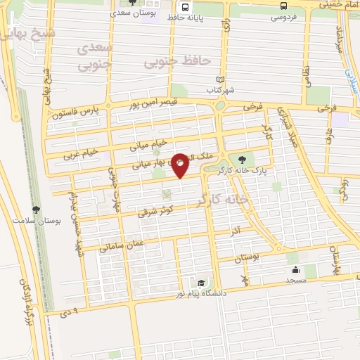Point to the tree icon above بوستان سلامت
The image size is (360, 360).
(x=37, y=209)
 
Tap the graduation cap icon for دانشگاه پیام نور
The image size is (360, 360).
(x=202, y=282)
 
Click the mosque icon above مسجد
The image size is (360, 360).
(x=295, y=269)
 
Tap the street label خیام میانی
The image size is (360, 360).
(x=150, y=145)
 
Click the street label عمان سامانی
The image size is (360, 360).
(x=122, y=244)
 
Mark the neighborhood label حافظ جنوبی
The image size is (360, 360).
(x=177, y=62)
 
